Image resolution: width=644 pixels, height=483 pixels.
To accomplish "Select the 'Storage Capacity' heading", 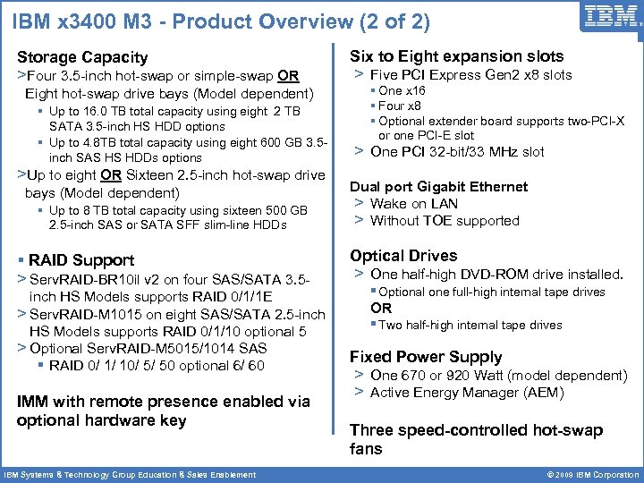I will pos(82,57).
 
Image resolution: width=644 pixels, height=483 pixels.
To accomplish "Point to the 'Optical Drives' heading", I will pos(403,256).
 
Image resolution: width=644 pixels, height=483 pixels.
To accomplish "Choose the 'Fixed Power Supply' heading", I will pos(426,357).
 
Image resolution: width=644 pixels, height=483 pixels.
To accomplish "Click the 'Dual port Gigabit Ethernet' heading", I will pos(438,187).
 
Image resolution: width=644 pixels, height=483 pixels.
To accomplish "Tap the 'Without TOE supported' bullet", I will pos(445,221).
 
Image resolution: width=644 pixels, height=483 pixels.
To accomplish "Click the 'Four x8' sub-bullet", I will pos(400,106).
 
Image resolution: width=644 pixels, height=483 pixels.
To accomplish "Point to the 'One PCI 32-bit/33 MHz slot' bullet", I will pos(456,152).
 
